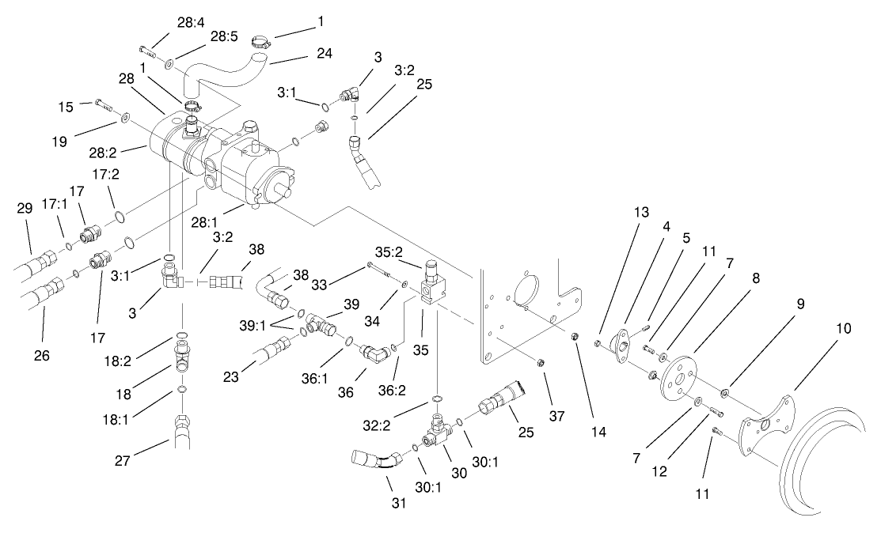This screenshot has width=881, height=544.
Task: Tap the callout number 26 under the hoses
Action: click(41, 356)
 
